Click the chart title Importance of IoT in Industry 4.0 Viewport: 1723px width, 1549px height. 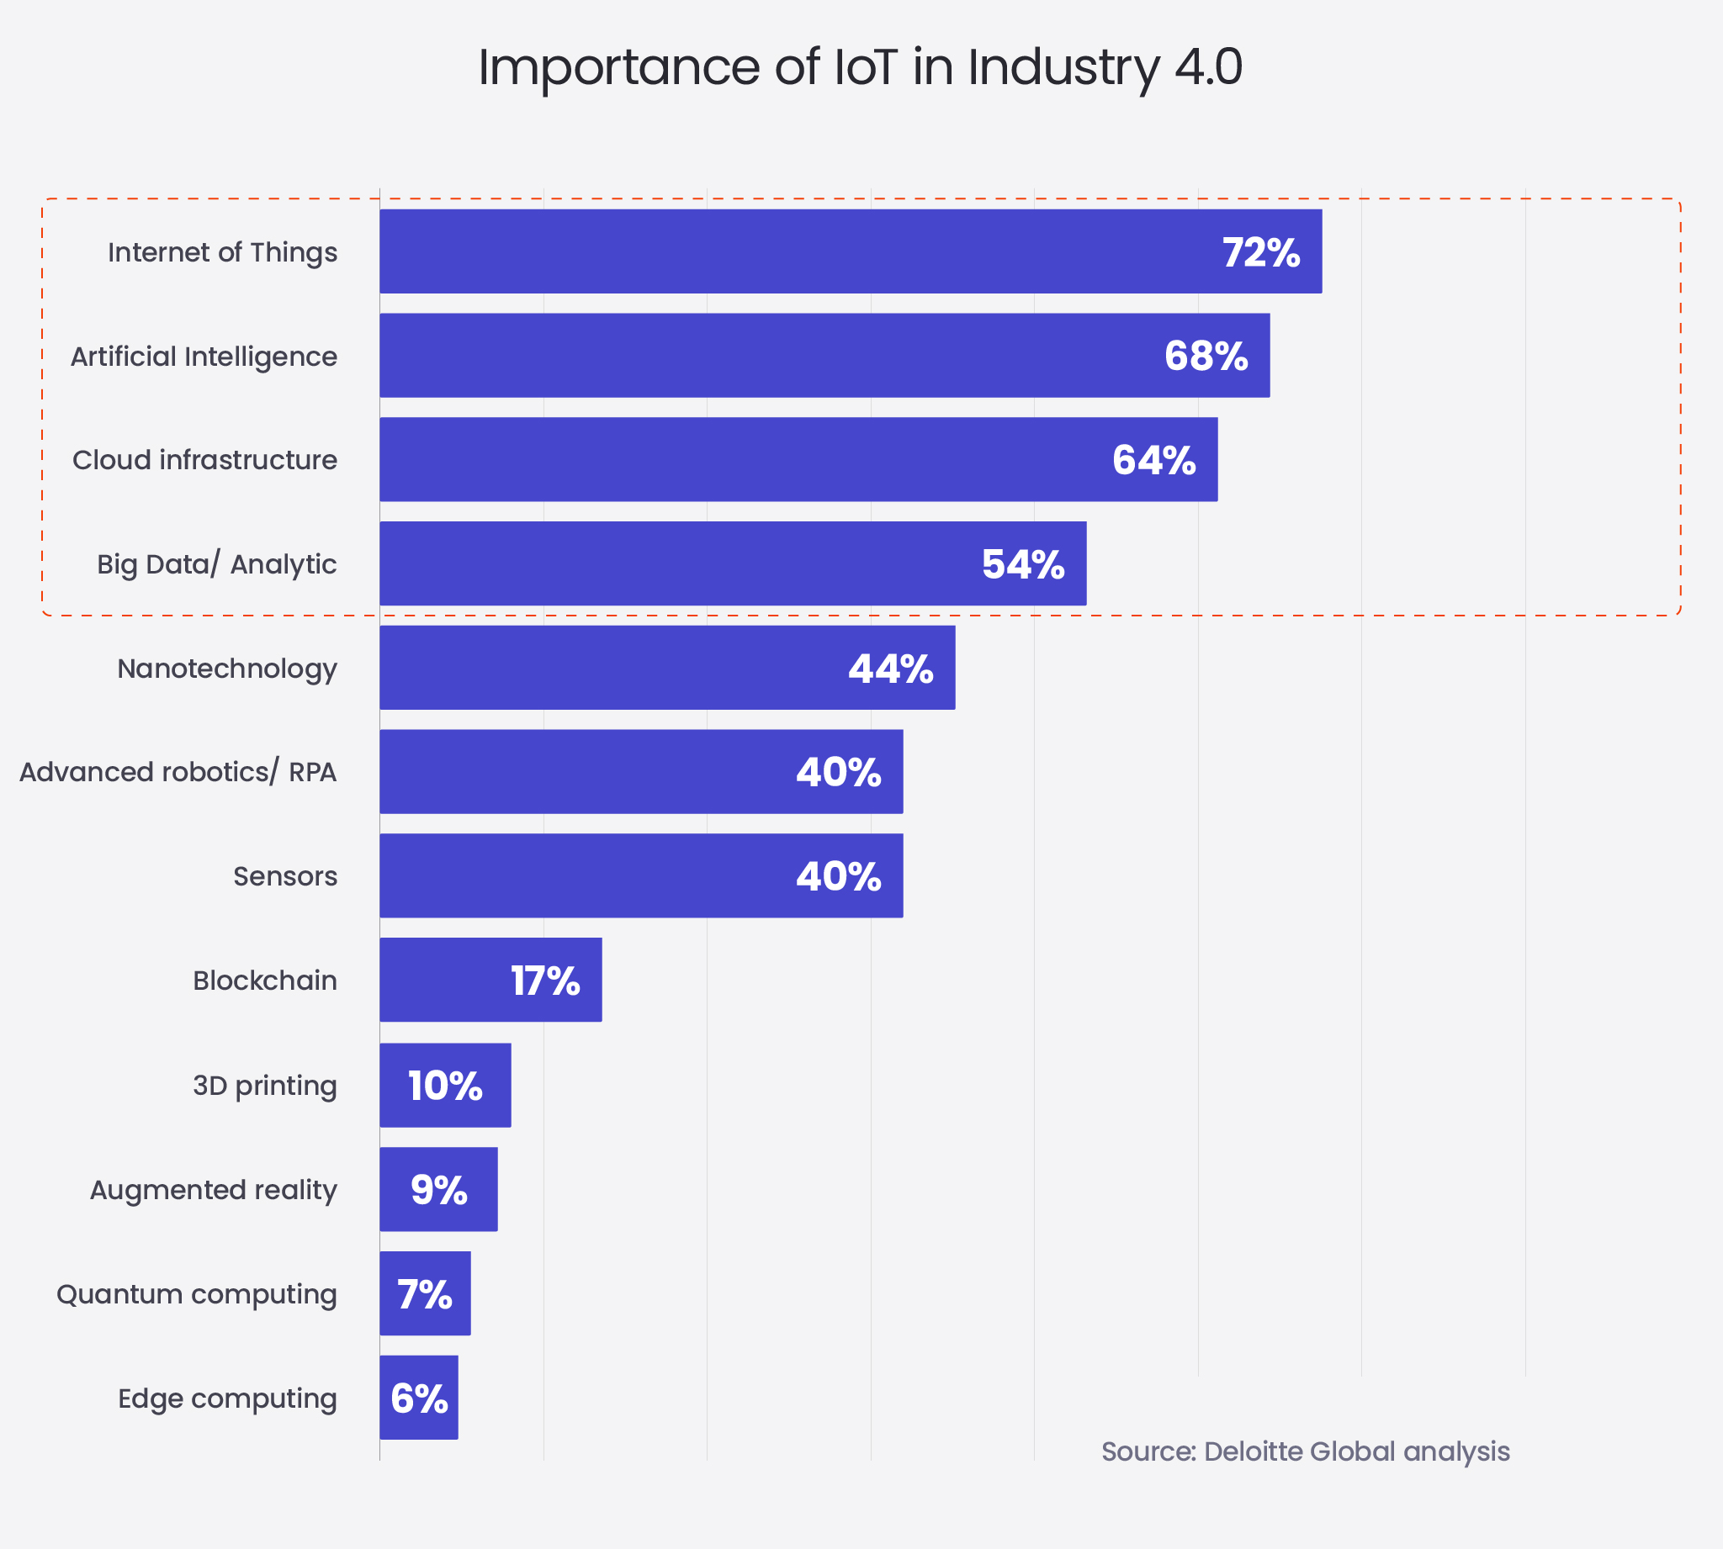[860, 67]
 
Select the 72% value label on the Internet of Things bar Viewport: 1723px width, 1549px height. [1261, 253]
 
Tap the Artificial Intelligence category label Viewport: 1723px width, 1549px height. [204, 357]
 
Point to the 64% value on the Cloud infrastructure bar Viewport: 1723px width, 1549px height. [1153, 461]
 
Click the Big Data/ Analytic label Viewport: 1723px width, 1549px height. [216, 564]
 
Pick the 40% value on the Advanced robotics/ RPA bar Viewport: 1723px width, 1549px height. [839, 773]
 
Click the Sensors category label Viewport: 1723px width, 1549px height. [285, 876]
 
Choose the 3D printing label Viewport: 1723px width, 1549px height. [265, 1086]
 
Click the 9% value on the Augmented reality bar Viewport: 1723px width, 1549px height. [438, 1190]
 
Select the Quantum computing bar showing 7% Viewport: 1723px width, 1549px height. [425, 1293]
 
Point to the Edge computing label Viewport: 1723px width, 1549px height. [227, 1398]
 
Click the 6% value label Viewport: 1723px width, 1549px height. [419, 1399]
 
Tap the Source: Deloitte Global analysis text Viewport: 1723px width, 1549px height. [1305, 1451]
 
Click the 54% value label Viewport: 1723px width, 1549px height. [1022, 565]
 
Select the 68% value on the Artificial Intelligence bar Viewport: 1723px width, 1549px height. [1206, 357]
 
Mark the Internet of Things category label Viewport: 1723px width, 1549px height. [222, 253]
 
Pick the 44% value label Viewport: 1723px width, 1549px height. [890, 669]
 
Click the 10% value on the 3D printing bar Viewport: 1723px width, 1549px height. [444, 1086]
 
